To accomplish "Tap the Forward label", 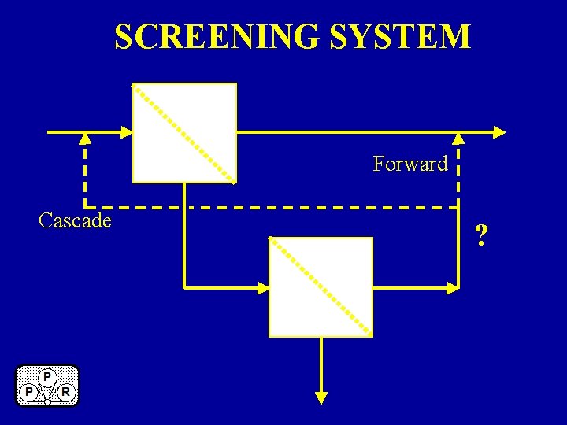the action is pos(409,164).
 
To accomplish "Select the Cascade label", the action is pos(75,220).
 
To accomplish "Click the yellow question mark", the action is pos(481,235).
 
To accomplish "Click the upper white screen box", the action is pos(184,132).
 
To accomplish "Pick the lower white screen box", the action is pos(321,286).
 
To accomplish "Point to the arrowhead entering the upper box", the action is pos(127,131).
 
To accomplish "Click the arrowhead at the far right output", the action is pos(498,131).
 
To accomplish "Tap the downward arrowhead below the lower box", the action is pos(321,397).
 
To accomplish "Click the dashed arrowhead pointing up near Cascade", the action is pos(85,139).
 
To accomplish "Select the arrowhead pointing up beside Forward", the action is pos(458,139).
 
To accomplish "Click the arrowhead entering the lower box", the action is pos(263,287).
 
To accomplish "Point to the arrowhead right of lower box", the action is pos(453,287).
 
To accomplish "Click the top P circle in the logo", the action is pos(47,377).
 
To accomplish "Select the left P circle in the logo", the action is pos(28,391).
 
